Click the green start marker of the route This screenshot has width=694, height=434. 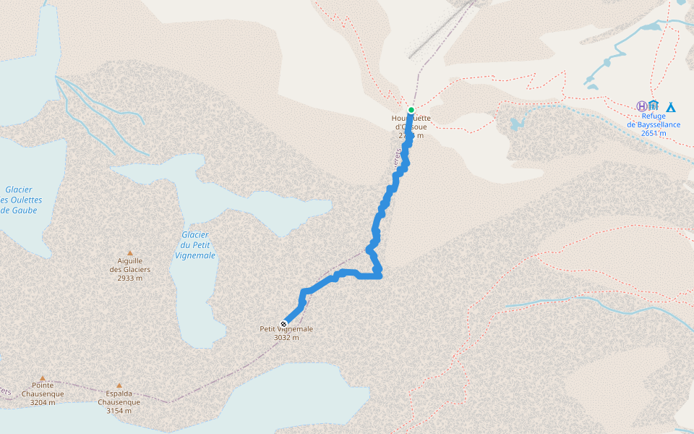click(x=411, y=110)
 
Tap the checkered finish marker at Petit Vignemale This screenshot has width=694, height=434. click(x=283, y=323)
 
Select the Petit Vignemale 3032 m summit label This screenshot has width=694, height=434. click(x=286, y=333)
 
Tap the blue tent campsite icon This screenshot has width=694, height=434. click(x=671, y=107)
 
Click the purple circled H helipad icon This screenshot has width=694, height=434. click(x=641, y=106)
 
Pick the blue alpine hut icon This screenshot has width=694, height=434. click(x=654, y=106)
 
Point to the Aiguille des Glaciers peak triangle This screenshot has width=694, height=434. click(x=130, y=253)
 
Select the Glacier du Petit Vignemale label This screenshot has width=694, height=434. click(x=195, y=245)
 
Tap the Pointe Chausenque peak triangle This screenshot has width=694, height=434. click(x=43, y=378)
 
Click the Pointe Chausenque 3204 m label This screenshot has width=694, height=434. click(x=43, y=393)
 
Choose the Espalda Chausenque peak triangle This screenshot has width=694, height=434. click(x=119, y=386)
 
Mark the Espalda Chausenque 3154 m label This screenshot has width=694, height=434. click(x=119, y=402)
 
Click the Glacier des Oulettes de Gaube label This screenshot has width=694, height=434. click(x=20, y=200)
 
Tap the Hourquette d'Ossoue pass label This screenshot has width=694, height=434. click(x=411, y=127)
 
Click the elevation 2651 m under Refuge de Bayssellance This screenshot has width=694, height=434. click(x=654, y=133)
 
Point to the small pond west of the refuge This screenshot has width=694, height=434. click(x=516, y=124)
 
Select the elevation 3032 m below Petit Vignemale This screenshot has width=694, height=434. click(x=286, y=337)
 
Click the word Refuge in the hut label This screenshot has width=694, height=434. click(x=654, y=115)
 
